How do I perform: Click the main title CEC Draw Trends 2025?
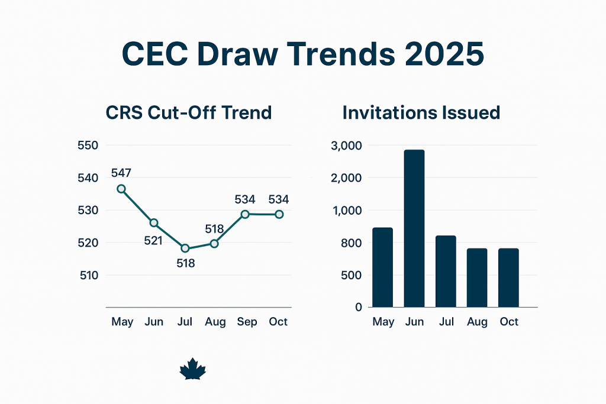[x=302, y=55]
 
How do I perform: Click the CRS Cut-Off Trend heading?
[x=188, y=112]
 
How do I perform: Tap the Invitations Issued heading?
[x=421, y=112]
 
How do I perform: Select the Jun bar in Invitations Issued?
[x=414, y=228]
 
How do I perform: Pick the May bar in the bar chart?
[x=383, y=267]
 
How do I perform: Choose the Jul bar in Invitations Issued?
[x=446, y=272]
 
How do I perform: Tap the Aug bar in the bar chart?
[x=477, y=278]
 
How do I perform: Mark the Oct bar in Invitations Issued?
[x=508, y=278]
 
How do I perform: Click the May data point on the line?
[x=121, y=189]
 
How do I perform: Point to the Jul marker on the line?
[x=185, y=248]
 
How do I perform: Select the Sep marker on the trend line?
[x=245, y=214]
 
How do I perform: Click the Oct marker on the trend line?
[x=279, y=214]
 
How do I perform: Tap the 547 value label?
[x=121, y=173]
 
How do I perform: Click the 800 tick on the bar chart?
[x=353, y=243]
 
